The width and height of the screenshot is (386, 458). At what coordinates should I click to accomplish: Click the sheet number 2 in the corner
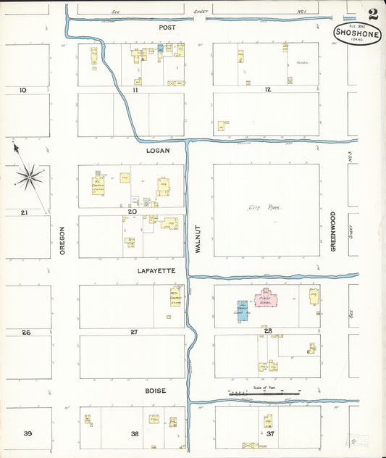click(x=372, y=13)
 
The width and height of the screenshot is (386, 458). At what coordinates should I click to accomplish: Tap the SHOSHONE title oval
click(x=358, y=33)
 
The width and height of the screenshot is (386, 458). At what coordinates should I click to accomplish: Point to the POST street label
click(x=167, y=26)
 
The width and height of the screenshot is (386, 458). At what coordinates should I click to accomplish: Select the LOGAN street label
click(x=157, y=150)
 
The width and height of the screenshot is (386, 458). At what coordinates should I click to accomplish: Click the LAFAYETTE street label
click(x=157, y=270)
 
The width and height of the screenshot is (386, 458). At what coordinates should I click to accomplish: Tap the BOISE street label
click(x=155, y=391)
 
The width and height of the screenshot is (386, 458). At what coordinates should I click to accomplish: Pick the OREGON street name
click(x=63, y=239)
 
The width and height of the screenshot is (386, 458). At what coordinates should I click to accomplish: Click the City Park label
click(x=264, y=208)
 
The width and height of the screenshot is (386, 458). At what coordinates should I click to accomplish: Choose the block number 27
click(x=134, y=332)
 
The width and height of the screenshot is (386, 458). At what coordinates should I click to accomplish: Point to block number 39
click(x=28, y=433)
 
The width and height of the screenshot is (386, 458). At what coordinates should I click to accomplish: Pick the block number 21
click(x=24, y=212)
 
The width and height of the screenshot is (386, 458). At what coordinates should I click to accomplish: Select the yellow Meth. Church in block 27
click(x=175, y=297)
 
